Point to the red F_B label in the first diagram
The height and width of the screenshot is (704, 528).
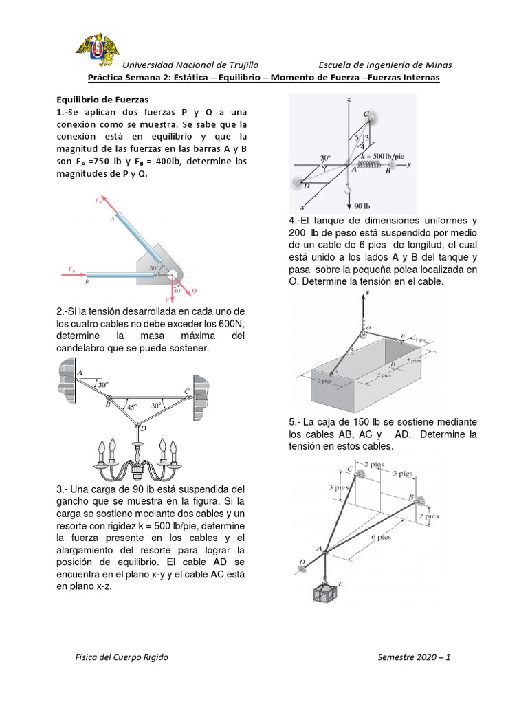tap(72, 269)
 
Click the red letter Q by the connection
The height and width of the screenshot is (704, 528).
tap(195, 291)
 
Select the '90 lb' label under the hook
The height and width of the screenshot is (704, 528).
tap(362, 206)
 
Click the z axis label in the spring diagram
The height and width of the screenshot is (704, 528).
tap(349, 100)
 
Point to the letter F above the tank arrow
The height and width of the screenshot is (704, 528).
tap(368, 293)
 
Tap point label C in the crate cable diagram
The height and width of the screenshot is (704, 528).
tap(350, 470)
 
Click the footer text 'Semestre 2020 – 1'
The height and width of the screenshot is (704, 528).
tap(414, 657)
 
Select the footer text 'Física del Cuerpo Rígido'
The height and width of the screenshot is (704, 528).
tap(122, 657)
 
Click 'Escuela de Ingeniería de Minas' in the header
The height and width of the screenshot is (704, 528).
tap(385, 65)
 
